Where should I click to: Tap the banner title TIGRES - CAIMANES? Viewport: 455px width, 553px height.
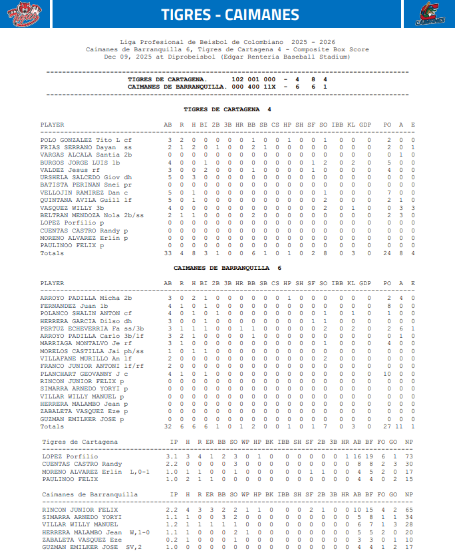click(230, 15)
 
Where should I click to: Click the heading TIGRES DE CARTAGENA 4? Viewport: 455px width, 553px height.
click(227, 109)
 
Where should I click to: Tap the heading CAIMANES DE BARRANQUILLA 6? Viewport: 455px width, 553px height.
click(227, 267)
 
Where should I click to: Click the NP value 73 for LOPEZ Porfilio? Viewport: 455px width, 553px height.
click(408, 456)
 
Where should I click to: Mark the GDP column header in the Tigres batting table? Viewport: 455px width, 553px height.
click(365, 125)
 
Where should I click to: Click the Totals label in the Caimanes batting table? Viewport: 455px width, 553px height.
click(53, 426)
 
